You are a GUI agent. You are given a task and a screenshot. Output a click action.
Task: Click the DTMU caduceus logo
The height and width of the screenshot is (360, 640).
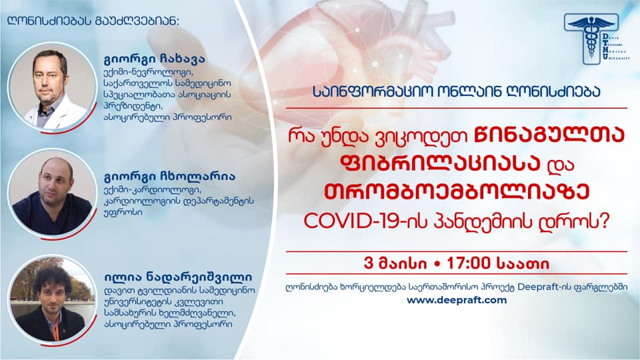(596, 39)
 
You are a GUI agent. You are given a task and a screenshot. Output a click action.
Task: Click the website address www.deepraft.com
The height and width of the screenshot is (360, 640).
(456, 301)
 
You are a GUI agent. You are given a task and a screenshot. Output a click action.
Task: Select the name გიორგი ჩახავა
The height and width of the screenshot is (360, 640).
(155, 59)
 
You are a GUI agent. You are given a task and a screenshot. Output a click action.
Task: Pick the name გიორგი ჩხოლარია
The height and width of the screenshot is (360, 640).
(170, 177)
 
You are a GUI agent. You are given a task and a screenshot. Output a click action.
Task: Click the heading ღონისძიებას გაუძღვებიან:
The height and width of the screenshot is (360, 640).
(93, 21)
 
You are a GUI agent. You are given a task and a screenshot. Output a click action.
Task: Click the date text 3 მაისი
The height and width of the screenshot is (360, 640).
(395, 263)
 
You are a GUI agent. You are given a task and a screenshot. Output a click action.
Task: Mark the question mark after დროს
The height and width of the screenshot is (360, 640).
(605, 221)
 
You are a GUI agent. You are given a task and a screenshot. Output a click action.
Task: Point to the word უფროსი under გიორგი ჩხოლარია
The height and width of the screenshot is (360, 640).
(123, 212)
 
